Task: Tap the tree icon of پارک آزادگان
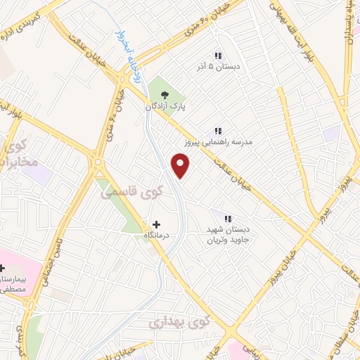tap(165, 94)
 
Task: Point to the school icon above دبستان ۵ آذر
tap(217, 55)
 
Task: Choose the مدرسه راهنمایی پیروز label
tap(218, 142)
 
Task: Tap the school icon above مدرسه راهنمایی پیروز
tap(218, 131)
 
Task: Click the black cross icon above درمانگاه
tap(155, 224)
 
